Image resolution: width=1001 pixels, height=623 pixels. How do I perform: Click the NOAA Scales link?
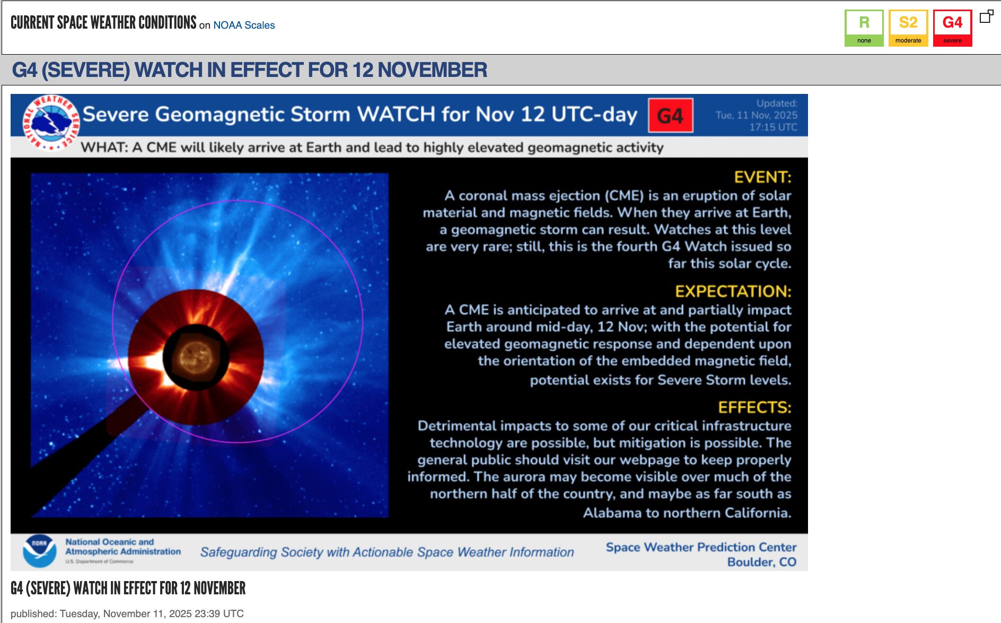pos(244,25)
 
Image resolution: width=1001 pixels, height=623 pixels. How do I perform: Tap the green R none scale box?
pos(864,28)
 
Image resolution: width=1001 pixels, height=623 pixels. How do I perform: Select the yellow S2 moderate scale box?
pos(908,28)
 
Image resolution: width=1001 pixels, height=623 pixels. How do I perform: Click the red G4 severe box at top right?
pos(952,28)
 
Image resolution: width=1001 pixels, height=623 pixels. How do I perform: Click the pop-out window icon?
pos(986,16)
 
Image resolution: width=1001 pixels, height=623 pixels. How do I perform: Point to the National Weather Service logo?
pos(50,123)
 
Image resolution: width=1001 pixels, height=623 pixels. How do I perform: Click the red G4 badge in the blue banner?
pos(670,115)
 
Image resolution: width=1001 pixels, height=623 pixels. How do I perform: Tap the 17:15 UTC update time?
pos(773,127)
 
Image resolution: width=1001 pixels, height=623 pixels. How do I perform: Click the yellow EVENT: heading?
pos(762,177)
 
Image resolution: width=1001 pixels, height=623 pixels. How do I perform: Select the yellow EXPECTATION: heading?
pos(733,291)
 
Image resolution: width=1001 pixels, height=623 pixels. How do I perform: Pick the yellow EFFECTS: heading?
pos(754,407)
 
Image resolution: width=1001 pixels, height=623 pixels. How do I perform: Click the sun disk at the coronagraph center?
pos(196,356)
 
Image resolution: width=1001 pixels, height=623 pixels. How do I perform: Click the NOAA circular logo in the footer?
pos(40,551)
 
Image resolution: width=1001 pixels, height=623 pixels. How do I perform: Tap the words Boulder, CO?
pos(761,562)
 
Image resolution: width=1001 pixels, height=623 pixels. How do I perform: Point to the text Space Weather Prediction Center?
pos(701,547)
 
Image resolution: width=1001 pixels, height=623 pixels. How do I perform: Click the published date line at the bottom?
pos(127,613)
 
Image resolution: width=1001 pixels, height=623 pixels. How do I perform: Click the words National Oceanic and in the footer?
pos(109,542)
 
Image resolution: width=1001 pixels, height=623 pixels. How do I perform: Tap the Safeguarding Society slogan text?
pos(387,552)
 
